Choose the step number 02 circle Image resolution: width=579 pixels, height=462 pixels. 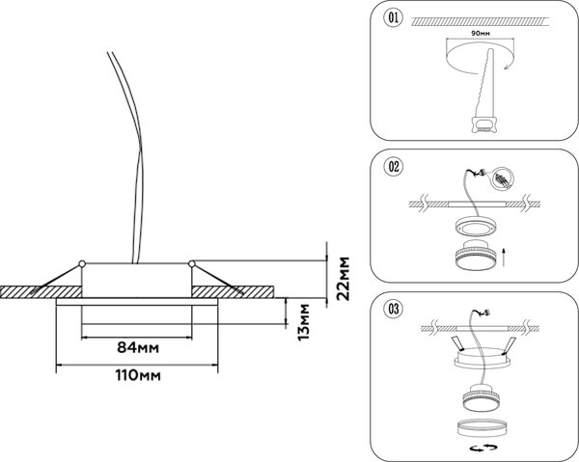393,166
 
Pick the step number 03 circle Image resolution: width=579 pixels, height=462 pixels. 393,310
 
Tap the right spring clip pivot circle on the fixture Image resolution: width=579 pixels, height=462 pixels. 191,263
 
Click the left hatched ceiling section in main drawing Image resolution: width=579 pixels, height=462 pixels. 39,290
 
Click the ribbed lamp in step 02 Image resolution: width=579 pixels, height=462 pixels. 473,259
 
